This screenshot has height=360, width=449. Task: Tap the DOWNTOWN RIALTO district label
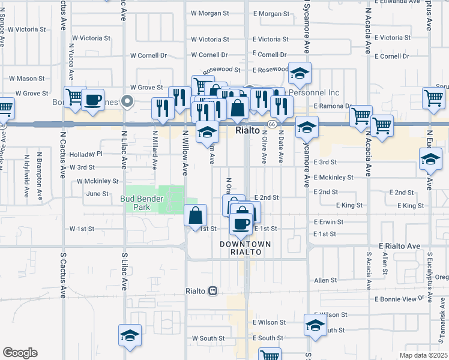coord(245,248)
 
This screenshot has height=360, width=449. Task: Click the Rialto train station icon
coord(212,291)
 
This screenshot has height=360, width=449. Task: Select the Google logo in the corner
coord(20,353)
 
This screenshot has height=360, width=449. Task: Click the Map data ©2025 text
coord(423,356)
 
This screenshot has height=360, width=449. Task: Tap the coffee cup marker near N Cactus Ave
coord(93,100)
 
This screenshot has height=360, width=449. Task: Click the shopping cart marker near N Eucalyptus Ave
coord(433,98)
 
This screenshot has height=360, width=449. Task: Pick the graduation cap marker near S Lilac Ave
coord(130,337)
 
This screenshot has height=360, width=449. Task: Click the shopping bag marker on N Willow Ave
coord(196,215)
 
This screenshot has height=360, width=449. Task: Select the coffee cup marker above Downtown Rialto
coord(241,223)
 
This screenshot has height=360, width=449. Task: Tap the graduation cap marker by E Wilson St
coord(315,325)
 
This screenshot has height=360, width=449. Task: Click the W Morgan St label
coord(210,13)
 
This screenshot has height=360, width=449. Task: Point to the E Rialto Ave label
coord(399,246)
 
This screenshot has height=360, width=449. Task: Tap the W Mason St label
coord(26,79)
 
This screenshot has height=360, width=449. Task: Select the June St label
coord(97,194)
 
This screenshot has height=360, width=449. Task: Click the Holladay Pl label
coord(86,154)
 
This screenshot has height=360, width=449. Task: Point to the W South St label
coord(208,338)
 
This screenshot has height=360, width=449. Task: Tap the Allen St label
coord(325,280)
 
